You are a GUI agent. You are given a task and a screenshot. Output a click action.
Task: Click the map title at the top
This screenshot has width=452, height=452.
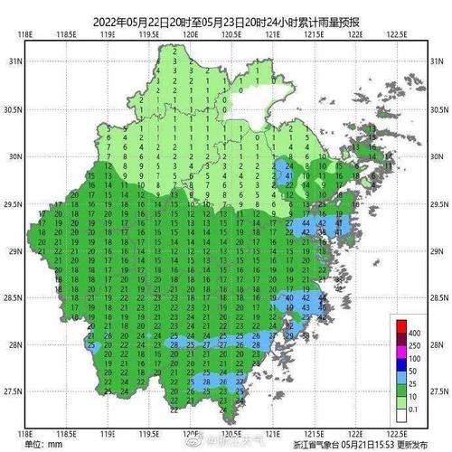click(226, 23)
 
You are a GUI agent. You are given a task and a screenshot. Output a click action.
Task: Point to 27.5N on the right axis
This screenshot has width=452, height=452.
click(437, 391)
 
